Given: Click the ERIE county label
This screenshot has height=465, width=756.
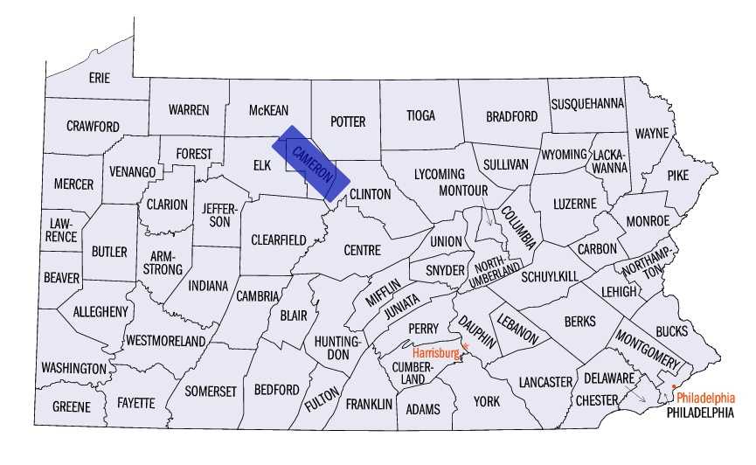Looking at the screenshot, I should coord(100,78).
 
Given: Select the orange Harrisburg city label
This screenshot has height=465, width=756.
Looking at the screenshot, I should coord(436,353).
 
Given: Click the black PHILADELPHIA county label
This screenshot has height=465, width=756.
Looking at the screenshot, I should coord(699,411).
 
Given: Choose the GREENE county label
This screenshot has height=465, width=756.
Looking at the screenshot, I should coord(71,406).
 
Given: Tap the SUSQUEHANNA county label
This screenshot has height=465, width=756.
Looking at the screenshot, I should coord(587,104).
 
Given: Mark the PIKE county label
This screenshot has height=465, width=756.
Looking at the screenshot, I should coord(677,175).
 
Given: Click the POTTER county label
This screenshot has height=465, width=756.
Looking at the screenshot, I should coord(347,121).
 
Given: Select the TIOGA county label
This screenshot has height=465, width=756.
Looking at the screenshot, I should coord(420,115).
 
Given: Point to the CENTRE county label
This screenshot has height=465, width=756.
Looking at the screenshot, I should coord(362,250).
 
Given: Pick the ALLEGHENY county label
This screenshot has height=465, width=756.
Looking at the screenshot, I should coord(101,311).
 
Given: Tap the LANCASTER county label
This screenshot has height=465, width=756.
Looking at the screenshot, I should coord(544,382).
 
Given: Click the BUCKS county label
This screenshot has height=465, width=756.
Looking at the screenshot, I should coord(671,331).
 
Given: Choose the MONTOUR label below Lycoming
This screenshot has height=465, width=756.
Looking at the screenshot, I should coord(463,190).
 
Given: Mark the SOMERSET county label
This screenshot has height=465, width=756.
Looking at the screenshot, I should coord(210,392).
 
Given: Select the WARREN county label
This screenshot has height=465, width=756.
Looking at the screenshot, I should coord(189,110).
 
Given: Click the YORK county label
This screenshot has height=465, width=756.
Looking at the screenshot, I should coord(486,401).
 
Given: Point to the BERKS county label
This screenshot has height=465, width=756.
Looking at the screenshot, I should coord(579,322).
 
